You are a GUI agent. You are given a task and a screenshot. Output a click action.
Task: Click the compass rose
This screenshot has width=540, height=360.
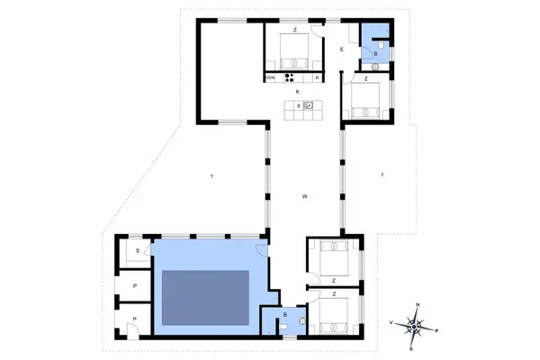(x=415, y=323)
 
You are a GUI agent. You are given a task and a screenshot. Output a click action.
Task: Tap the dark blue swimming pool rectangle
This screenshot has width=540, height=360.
(x=205, y=298)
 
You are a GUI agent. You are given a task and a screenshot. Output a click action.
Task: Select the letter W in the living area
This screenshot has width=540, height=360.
(x=305, y=195)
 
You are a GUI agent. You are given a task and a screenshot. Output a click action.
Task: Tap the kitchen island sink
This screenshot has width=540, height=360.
(x=308, y=106)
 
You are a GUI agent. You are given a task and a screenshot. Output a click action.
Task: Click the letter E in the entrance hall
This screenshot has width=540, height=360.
(x=342, y=49)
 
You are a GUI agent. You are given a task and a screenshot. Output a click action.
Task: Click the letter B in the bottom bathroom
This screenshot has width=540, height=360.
(x=285, y=315)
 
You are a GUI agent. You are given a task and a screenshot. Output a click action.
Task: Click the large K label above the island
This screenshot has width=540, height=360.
(x=296, y=92)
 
